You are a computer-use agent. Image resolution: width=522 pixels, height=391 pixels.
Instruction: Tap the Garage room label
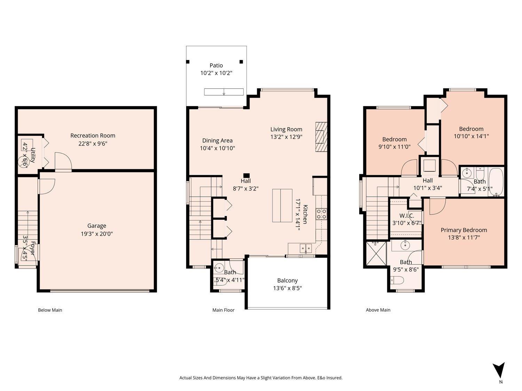coord(96,226)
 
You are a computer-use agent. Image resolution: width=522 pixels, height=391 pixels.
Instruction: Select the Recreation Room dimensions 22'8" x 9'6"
coord(93,143)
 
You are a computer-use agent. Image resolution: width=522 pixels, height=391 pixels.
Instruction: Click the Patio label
coord(216,65)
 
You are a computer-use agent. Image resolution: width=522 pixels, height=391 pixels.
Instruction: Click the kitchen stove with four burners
coord(321,213)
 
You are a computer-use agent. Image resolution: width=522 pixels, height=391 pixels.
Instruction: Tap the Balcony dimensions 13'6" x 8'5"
coord(287,288)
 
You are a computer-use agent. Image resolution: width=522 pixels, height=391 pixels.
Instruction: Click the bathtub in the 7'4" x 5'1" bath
coord(496,182)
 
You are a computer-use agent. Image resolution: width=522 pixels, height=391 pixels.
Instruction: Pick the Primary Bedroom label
coord(464,230)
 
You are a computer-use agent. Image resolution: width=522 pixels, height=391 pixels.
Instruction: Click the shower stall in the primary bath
coord(376,253)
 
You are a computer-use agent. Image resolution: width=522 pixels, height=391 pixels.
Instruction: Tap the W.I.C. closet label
coord(406,215)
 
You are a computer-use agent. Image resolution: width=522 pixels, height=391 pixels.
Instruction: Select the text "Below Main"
coord(50,310)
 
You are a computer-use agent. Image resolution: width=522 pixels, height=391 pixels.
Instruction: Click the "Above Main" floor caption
coord(378,310)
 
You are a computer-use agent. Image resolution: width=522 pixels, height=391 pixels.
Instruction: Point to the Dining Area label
coord(217,140)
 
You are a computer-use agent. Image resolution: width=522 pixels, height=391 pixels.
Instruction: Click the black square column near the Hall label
coord(246,176)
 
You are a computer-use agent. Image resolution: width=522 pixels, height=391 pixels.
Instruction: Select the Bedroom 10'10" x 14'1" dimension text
coord(471,137)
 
